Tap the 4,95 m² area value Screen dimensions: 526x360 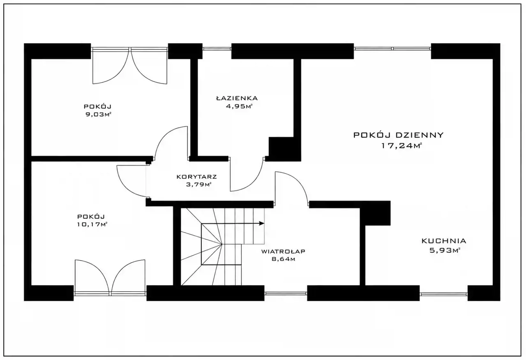pos(239,106)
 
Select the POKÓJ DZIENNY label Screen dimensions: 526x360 pos(399,135)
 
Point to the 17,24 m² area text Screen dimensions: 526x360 pos(402,146)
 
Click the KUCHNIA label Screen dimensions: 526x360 pos(444,241)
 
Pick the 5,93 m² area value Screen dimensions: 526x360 pos(445,250)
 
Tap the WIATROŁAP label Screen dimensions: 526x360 pos(283,252)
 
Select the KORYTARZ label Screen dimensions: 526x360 pos(196,177)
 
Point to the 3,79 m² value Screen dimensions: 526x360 pos(198,185)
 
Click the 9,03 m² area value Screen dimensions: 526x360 pos(98,115)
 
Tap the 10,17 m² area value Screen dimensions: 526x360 pos(92,224)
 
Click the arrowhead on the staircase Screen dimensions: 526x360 pos(262,223)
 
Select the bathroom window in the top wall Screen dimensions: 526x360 pos(217,49)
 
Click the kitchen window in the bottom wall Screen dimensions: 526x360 pos(443,293)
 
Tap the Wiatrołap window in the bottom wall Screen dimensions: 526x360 pos(286,293)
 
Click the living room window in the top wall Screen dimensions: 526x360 pos(392,48)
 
